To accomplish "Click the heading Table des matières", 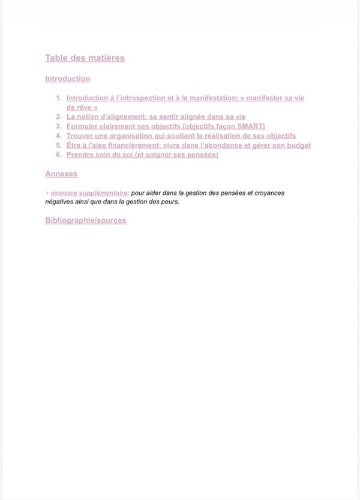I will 85,58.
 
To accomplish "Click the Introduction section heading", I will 68,79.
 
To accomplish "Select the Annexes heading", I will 61,174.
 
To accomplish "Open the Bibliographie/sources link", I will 86,220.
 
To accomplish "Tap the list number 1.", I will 59,98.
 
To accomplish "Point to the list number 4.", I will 59,136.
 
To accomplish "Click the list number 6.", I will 59,155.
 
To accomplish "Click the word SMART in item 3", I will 250,127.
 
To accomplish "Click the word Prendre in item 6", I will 80,155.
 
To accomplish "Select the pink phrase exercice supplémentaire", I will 90,193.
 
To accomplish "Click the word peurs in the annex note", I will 170,202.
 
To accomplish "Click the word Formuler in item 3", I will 82,127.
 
